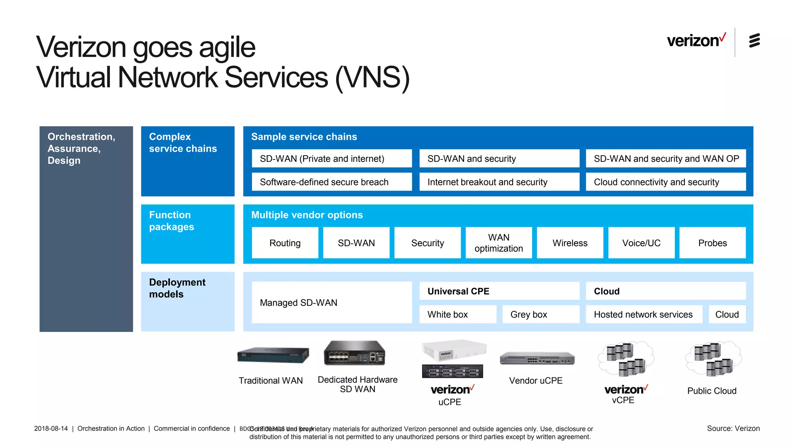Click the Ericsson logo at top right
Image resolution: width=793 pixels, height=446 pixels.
point(754,41)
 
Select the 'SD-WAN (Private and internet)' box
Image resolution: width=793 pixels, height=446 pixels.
point(331,159)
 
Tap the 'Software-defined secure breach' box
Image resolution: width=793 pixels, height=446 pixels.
point(331,182)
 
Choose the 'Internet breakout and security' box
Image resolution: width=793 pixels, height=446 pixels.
point(499,182)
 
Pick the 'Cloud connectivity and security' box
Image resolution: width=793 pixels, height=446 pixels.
point(666,182)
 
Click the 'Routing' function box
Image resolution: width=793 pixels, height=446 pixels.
point(285,243)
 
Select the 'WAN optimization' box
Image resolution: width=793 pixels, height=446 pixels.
point(499,243)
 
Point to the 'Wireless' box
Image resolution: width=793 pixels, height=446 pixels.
point(570,243)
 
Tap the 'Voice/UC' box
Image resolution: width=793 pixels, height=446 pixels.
point(641,243)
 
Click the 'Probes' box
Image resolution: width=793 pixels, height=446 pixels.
point(712,243)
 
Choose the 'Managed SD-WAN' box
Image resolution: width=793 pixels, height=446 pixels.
point(331,302)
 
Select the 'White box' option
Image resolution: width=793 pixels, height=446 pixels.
point(458,314)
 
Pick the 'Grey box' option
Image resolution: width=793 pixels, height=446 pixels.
point(541,314)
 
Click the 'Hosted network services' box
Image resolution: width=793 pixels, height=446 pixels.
point(644,314)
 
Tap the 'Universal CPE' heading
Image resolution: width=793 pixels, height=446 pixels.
point(499,291)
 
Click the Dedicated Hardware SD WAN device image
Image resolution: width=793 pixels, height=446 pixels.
point(355,353)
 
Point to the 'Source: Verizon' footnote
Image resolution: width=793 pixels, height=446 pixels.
point(733,429)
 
